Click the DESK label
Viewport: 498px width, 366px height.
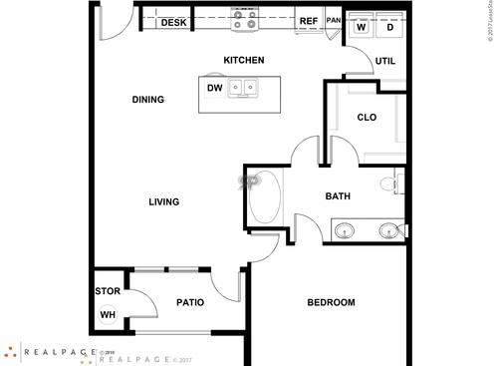coord(174,22)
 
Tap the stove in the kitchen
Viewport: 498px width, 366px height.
coord(244,18)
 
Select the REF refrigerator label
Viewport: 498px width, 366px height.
coord(308,21)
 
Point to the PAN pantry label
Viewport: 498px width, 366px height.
coord(333,20)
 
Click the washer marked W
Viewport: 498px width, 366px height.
coord(362,26)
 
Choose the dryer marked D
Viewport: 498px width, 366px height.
coord(389,26)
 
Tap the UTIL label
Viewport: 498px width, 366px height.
coord(385,61)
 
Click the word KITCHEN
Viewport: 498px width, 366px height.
coord(243,61)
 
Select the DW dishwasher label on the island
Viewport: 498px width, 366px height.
coord(214,88)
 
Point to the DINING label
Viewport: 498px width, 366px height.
coord(148,100)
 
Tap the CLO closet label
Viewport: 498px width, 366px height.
coord(367,118)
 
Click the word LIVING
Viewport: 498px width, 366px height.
coord(163,202)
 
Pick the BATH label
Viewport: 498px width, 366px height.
coord(338,196)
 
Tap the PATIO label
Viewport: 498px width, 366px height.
coord(190,301)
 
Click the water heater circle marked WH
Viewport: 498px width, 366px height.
coord(107,315)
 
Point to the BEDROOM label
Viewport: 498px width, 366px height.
coord(331,303)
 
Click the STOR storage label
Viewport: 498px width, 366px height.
coord(107,292)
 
